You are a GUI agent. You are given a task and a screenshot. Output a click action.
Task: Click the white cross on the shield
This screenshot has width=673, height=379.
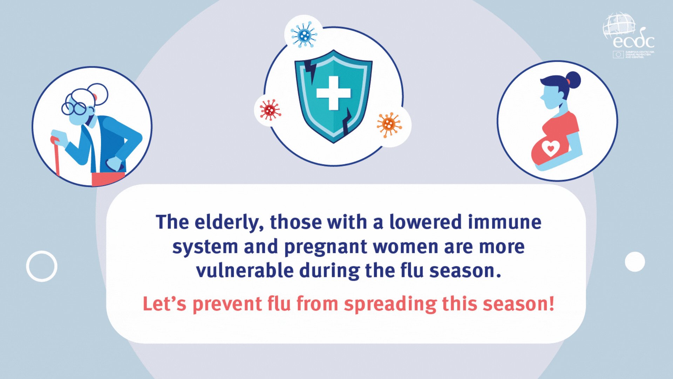point(333,93)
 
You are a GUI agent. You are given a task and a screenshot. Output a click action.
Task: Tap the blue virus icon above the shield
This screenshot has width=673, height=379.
point(304,34)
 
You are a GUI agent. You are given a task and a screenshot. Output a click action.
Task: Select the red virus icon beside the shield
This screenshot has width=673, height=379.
point(270,110)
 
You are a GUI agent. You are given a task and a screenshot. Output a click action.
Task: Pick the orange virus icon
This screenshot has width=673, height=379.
point(389,124)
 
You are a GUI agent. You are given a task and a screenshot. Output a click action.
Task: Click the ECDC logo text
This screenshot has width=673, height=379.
point(633,41)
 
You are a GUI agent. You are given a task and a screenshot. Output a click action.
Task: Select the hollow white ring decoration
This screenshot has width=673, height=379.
point(42,266)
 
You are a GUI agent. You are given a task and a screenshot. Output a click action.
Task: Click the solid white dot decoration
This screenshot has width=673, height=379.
point(635,262)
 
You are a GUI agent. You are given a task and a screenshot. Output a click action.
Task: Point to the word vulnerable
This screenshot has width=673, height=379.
point(245,271)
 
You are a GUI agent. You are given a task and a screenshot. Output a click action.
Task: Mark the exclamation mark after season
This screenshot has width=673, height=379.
point(551,303)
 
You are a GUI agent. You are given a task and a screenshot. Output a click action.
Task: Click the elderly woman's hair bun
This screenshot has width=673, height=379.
point(97,94)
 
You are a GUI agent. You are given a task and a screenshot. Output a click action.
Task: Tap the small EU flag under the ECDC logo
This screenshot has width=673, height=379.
point(618,54)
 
